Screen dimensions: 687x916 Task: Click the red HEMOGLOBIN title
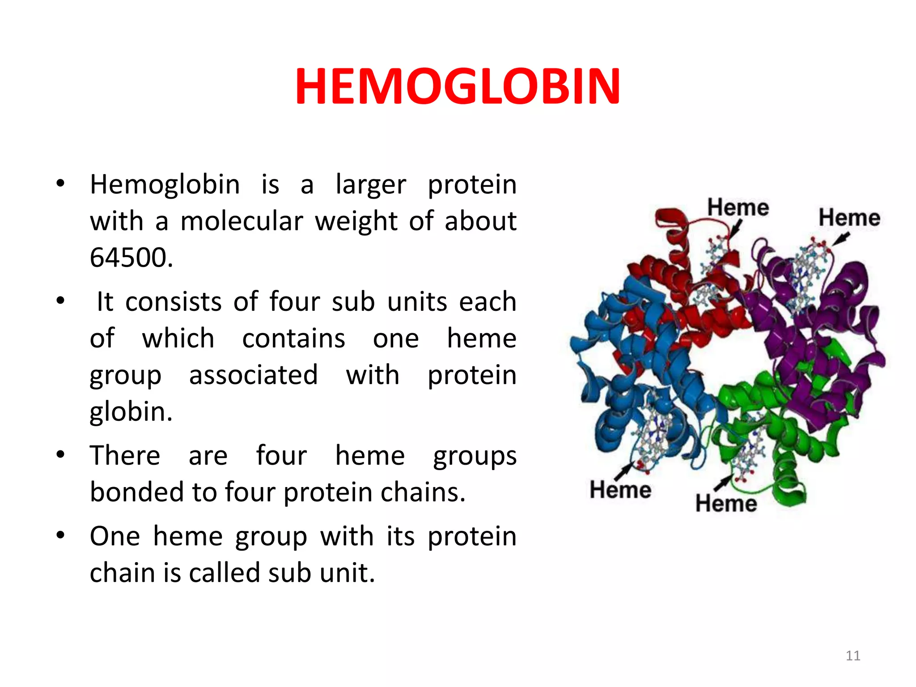tap(457, 86)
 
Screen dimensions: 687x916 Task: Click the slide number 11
tap(852, 656)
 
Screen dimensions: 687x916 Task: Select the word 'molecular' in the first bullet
tap(242, 221)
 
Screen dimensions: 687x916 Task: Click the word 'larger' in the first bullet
tap(370, 185)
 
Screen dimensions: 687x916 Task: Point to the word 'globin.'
tap(131, 411)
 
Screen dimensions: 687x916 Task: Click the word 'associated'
tap(253, 375)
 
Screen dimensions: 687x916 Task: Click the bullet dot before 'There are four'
tap(61, 455)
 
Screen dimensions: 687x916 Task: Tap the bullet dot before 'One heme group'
tap(61, 535)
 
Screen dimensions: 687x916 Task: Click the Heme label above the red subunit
tap(738, 208)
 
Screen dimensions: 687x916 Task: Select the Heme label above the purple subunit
tap(849, 218)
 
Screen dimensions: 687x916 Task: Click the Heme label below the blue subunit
tap(620, 490)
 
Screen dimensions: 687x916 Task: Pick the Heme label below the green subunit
tap(725, 504)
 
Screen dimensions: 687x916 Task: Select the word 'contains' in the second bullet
tap(293, 339)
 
